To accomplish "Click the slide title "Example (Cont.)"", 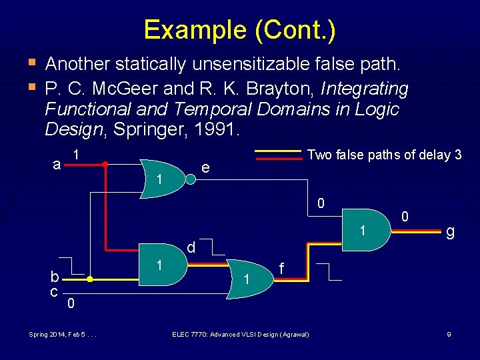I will [x=239, y=30].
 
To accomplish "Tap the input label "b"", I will [x=57, y=277].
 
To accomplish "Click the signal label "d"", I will [x=191, y=247].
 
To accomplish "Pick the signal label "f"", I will [x=283, y=269].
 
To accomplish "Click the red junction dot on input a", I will [x=105, y=163].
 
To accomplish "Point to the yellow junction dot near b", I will [x=89, y=280].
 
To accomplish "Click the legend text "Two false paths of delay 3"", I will [x=384, y=155].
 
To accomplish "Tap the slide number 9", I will [x=449, y=334].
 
